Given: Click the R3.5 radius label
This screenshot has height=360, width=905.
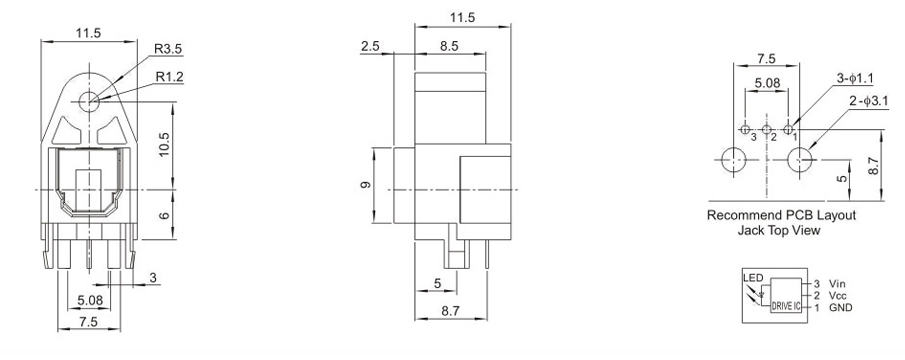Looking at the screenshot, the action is tap(168, 49).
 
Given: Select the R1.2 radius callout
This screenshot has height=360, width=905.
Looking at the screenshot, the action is tap(170, 77).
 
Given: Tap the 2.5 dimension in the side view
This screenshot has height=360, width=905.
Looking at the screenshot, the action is tap(370, 46).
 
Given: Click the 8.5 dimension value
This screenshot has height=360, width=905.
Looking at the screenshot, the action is tap(449, 46).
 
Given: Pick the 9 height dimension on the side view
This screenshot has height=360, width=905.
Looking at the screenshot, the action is tap(365, 185).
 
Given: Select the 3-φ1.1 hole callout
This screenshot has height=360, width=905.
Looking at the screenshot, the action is tap(855, 78).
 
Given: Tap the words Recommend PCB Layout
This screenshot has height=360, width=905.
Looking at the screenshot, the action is tap(781, 215).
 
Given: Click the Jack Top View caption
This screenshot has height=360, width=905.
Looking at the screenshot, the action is tap(779, 230).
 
